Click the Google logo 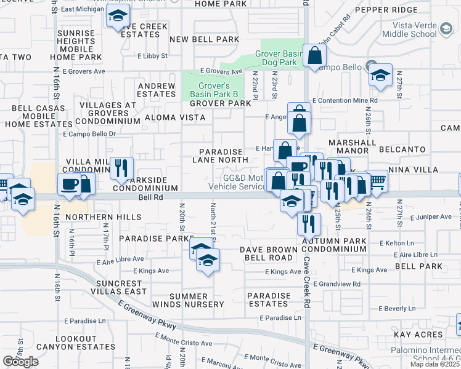pyautogui.click(x=20, y=362)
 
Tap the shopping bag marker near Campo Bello pyautogui.click(x=314, y=55)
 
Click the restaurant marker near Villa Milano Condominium pyautogui.click(x=121, y=167)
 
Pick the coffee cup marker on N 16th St pyautogui.click(x=68, y=184)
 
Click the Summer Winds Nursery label pyautogui.click(x=197, y=300)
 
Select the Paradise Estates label pyautogui.click(x=269, y=300)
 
